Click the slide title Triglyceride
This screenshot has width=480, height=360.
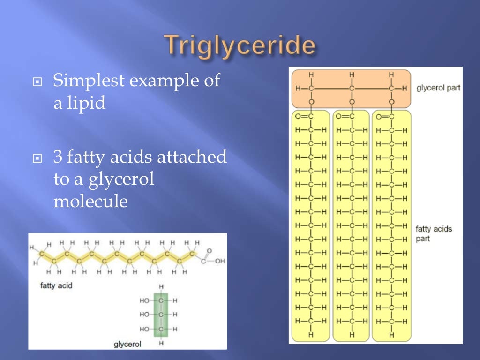pyautogui.click(x=240, y=45)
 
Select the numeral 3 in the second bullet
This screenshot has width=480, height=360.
pyautogui.click(x=58, y=157)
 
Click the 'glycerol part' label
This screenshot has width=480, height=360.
pyautogui.click(x=438, y=88)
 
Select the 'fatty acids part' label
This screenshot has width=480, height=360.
pyautogui.click(x=434, y=233)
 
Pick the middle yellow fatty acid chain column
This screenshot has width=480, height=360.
pyautogui.click(x=352, y=225)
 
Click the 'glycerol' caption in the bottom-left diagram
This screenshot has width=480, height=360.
pyautogui.click(x=127, y=345)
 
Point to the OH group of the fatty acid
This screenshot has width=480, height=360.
pyautogui.click(x=220, y=261)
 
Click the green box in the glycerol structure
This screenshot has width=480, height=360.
pyautogui.click(x=161, y=315)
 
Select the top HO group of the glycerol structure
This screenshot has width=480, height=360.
pyautogui.click(x=144, y=300)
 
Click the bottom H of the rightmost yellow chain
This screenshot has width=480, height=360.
pyautogui.click(x=391, y=335)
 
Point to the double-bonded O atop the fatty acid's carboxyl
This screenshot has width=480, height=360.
pyautogui.click(x=209, y=250)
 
